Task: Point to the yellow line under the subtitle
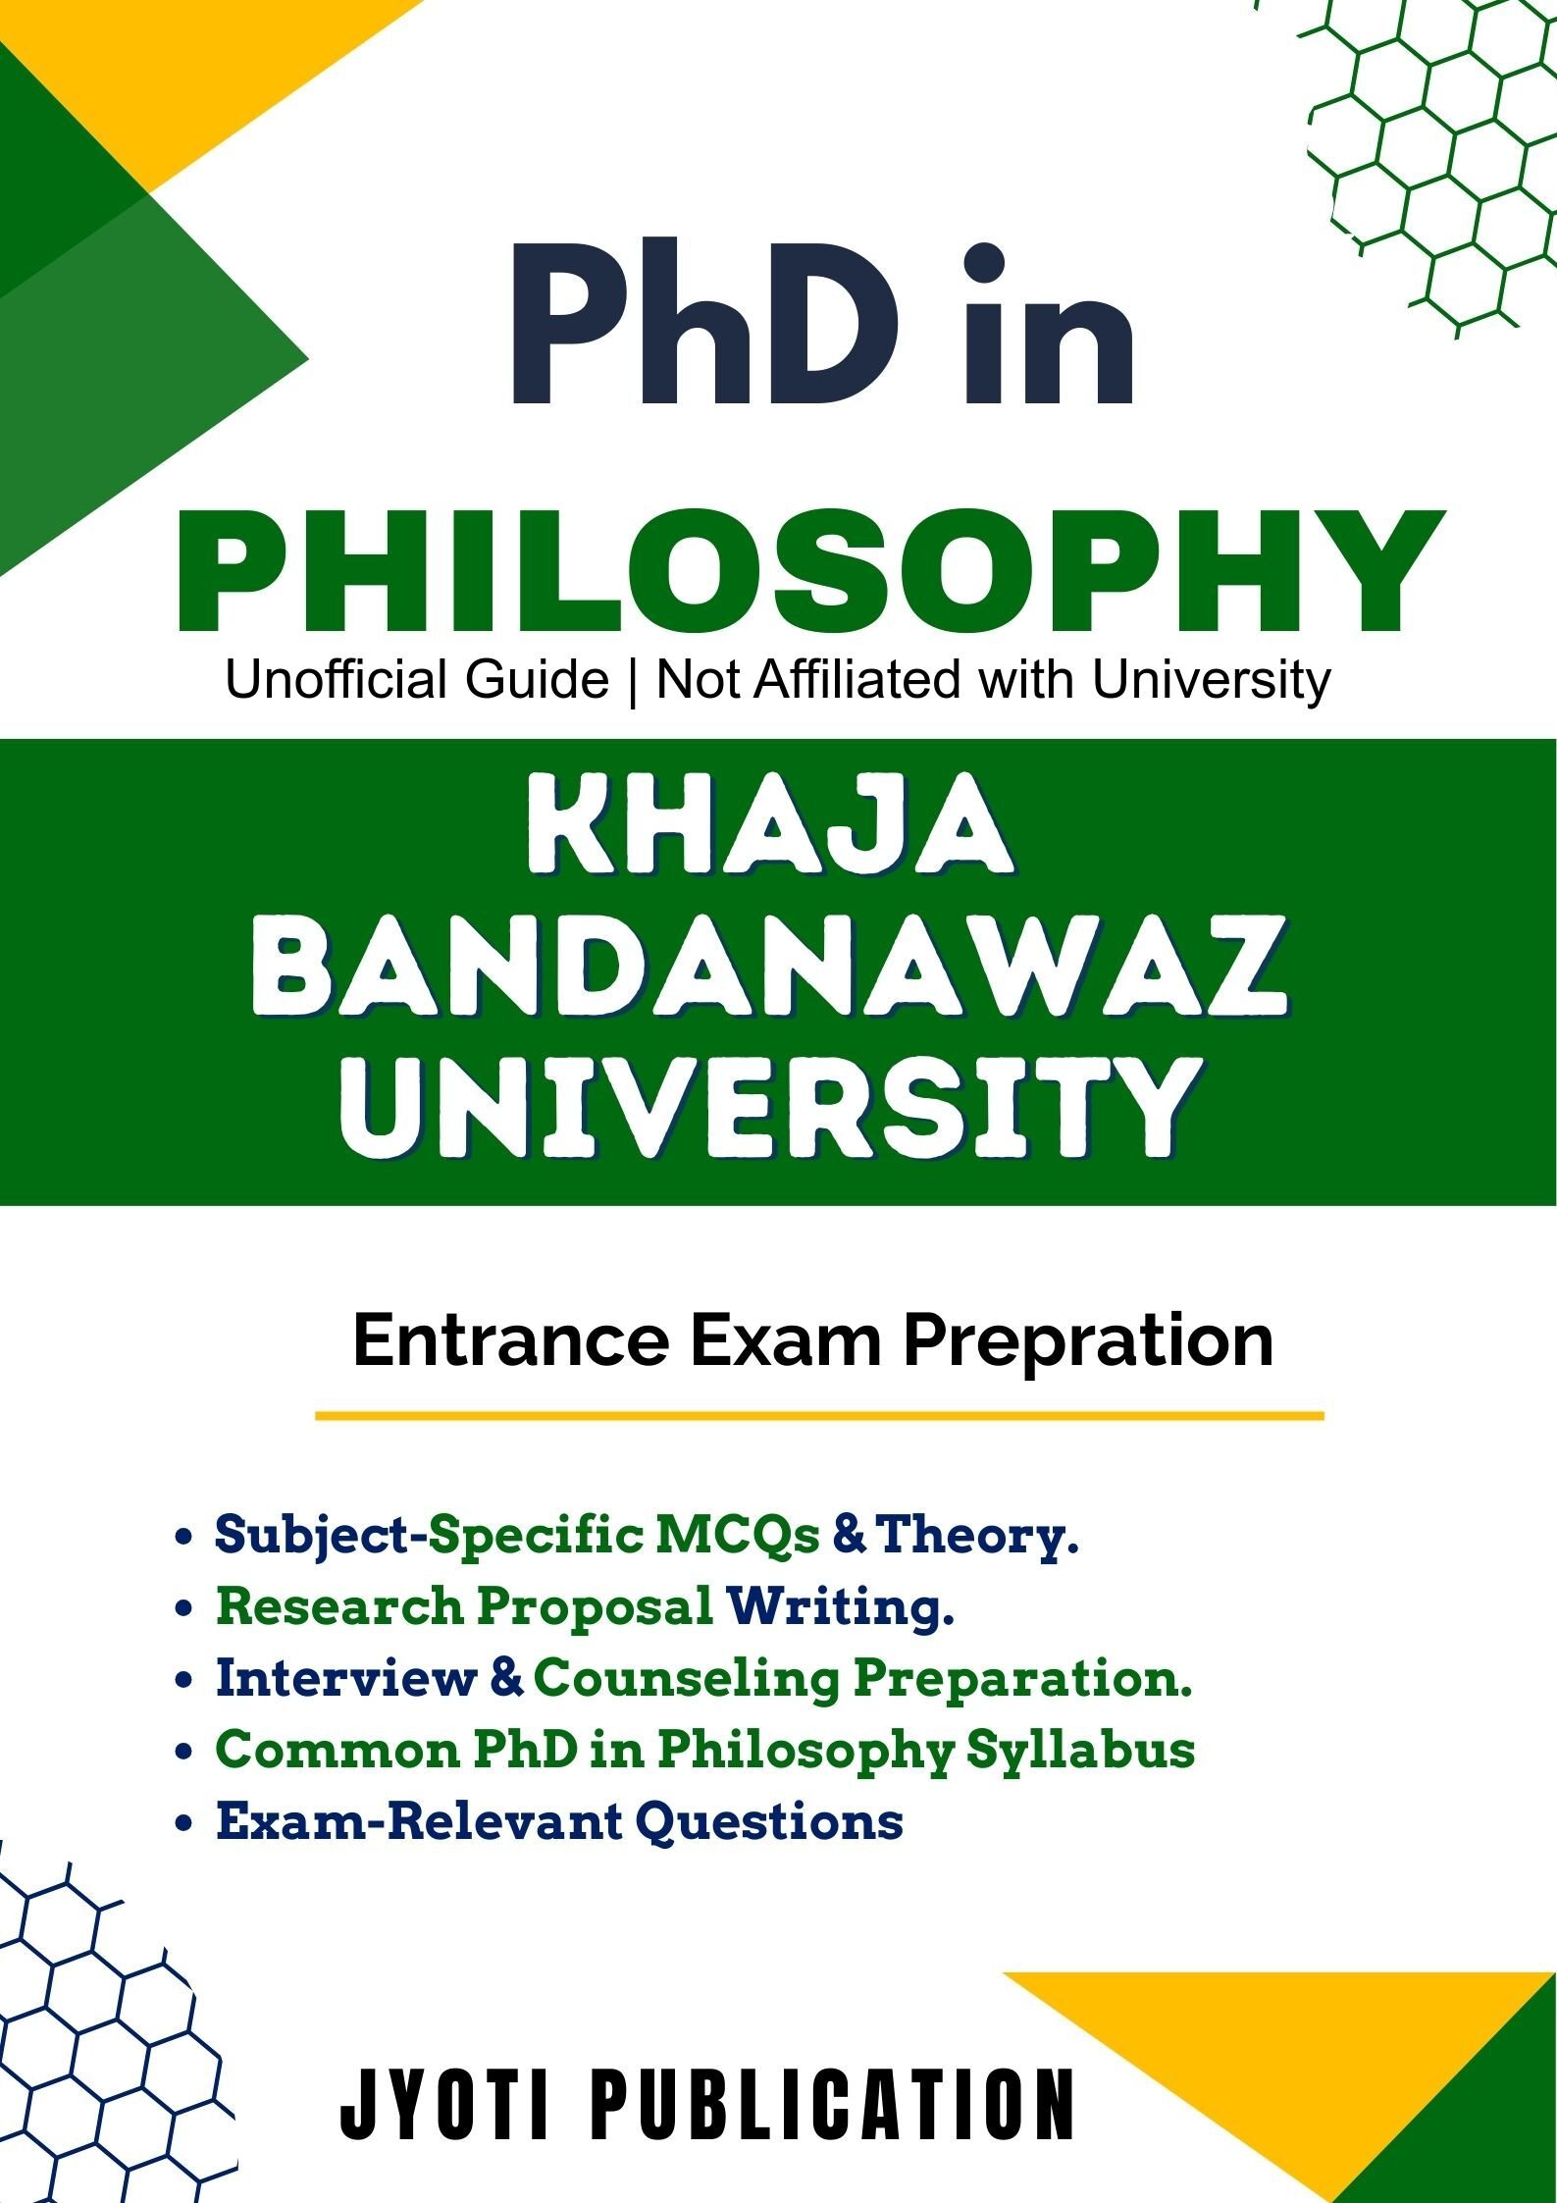coord(819,1416)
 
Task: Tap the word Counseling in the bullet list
coord(687,1680)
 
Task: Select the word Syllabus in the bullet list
coord(1081,1753)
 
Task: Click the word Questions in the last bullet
coord(769,1823)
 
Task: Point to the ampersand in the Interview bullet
coord(505,1679)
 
